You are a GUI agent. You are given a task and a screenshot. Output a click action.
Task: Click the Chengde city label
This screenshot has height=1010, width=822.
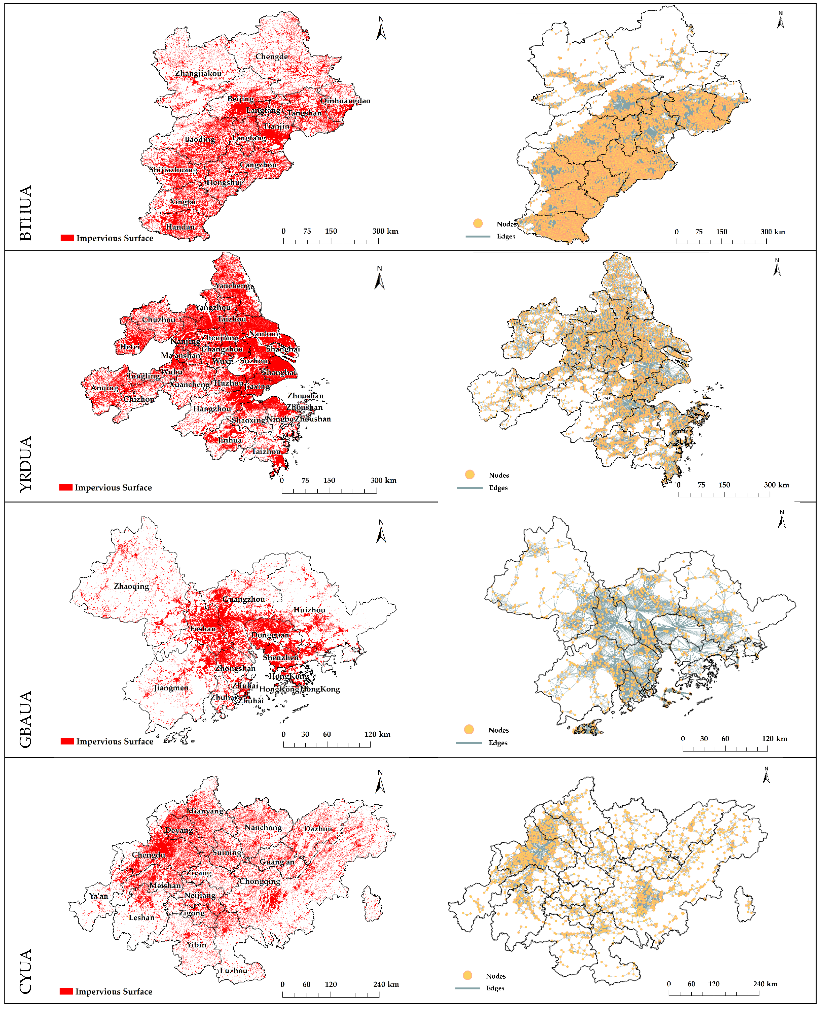pyautogui.click(x=271, y=56)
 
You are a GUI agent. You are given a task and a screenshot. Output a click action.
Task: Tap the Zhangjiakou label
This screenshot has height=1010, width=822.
pyautogui.click(x=198, y=73)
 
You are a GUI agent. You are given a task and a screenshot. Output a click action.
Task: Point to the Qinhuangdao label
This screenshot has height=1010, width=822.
pyautogui.click(x=345, y=100)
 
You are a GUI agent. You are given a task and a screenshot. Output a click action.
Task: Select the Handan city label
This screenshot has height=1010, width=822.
pyautogui.click(x=180, y=227)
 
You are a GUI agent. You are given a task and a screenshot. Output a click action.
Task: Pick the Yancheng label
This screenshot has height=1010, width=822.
pyautogui.click(x=233, y=285)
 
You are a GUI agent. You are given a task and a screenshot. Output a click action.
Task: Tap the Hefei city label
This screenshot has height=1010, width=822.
pyautogui.click(x=130, y=347)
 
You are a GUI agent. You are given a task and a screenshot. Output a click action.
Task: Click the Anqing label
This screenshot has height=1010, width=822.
pyautogui.click(x=105, y=387)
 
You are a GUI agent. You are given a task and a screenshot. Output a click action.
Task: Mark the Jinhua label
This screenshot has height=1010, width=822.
pyautogui.click(x=230, y=440)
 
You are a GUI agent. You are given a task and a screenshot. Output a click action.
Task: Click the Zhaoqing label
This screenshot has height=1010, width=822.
pyautogui.click(x=131, y=586)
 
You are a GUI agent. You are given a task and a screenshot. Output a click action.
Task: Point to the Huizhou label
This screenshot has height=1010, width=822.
pyautogui.click(x=309, y=610)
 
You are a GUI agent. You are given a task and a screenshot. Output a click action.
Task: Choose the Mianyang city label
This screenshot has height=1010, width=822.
pyautogui.click(x=205, y=811)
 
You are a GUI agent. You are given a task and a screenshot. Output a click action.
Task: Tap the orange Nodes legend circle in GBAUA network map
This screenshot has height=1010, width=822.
pyautogui.click(x=469, y=730)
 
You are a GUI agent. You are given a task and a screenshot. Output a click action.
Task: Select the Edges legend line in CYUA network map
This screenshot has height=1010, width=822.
pyautogui.click(x=467, y=988)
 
